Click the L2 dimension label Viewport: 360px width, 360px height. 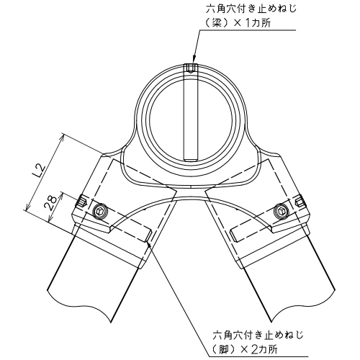pyautogui.click(x=40, y=171)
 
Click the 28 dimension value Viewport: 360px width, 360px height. pyautogui.click(x=51, y=203)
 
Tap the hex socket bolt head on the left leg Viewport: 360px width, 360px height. pyautogui.click(x=99, y=211)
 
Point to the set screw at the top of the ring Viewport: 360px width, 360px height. pyautogui.click(x=191, y=68)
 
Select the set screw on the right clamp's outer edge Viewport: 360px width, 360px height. pyautogui.click(x=300, y=200)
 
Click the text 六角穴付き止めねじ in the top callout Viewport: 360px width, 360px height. pyautogui.click(x=251, y=9)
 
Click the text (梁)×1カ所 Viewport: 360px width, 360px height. pyautogui.click(x=238, y=24)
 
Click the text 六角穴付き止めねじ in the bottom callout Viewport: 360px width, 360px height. pyautogui.click(x=258, y=335)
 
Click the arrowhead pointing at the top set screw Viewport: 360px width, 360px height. pyautogui.click(x=193, y=60)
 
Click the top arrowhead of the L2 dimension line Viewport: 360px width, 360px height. pyautogui.click(x=62, y=138)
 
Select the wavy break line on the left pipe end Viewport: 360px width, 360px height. pyautogui.click(x=79, y=305)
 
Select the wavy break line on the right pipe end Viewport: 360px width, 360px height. pyautogui.click(x=302, y=305)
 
